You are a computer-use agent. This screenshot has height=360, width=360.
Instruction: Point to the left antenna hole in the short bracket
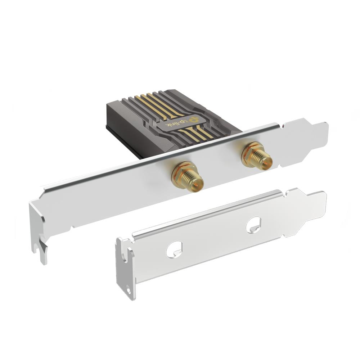[174, 249]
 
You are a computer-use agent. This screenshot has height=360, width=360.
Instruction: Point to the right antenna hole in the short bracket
[253, 225]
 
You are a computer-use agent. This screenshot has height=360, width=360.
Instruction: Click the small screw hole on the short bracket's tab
[129, 288]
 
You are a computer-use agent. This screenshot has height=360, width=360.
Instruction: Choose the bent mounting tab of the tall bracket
[38, 230]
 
